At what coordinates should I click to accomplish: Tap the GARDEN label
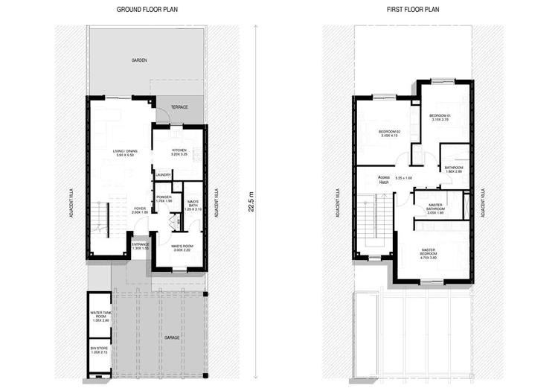click(138, 60)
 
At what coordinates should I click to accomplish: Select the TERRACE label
click(179, 107)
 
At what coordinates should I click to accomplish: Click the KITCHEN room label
click(179, 152)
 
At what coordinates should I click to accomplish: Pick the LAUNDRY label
click(164, 176)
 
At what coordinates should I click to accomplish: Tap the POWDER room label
click(164, 199)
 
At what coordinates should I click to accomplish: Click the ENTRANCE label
click(141, 245)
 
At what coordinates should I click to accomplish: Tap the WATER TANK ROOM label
click(100, 316)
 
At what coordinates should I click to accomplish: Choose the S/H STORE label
click(99, 349)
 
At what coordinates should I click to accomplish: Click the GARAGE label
click(172, 337)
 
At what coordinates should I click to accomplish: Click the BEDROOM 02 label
click(390, 133)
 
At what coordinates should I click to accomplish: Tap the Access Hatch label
click(384, 179)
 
